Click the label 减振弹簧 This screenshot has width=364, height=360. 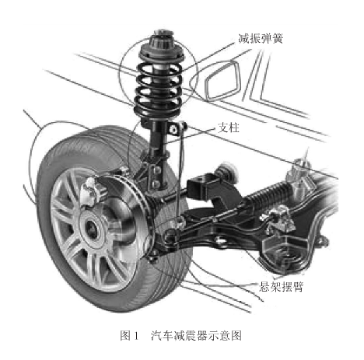click(261, 39)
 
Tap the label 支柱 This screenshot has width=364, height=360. click(229, 128)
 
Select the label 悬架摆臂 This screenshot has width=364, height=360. click(281, 286)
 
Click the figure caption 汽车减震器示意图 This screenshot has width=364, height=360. click(196, 335)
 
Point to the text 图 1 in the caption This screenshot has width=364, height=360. click(130, 335)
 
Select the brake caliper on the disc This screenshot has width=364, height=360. click(92, 190)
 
